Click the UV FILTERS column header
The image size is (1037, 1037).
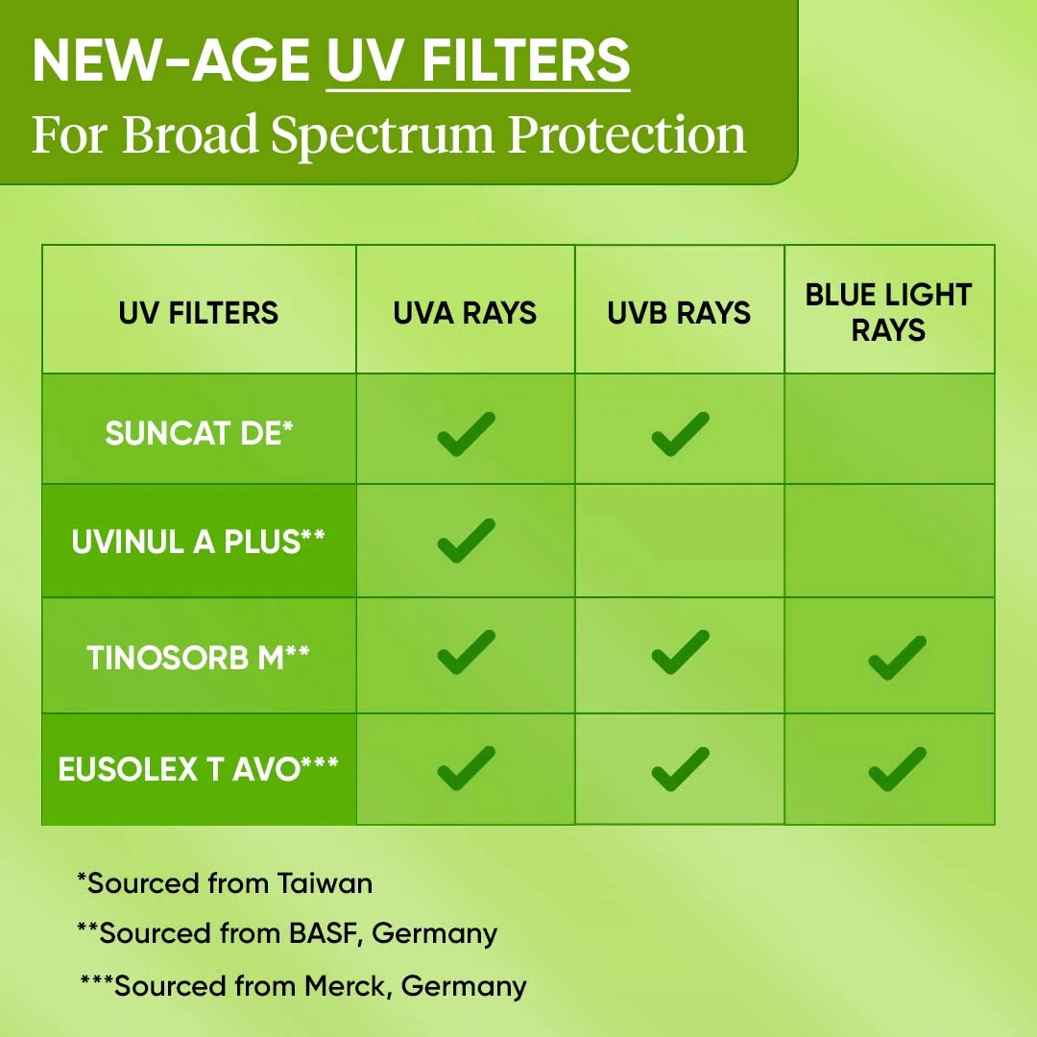(199, 313)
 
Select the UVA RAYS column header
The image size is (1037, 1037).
(465, 313)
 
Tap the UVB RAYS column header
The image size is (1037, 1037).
(679, 313)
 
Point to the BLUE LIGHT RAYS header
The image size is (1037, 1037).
(889, 312)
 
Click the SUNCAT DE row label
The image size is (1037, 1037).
(199, 433)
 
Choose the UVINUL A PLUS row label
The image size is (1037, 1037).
(199, 542)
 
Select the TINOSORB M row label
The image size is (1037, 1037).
(199, 658)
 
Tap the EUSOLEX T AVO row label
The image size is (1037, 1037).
(199, 768)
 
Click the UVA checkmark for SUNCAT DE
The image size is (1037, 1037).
(466, 435)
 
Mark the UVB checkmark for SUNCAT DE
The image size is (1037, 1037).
(680, 435)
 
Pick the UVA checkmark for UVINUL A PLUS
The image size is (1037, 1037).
(466, 541)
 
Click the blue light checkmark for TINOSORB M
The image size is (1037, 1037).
(897, 658)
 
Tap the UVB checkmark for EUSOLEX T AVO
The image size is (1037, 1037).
(680, 769)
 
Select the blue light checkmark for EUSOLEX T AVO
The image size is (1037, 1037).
(897, 769)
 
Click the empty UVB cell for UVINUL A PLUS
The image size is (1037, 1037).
(680, 541)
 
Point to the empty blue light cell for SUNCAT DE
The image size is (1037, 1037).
(889, 428)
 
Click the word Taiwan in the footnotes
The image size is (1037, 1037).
(325, 883)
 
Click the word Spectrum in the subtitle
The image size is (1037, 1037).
(383, 134)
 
